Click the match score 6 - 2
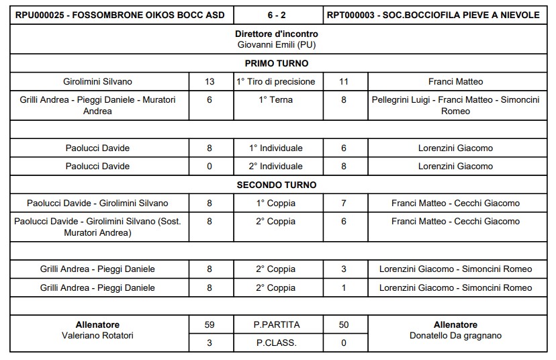click(277, 15)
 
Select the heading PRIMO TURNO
click(277, 64)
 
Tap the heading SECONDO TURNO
click(277, 185)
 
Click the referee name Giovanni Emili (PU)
click(277, 44)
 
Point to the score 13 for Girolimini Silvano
click(210, 82)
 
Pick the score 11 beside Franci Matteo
click(344, 82)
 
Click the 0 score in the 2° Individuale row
click(210, 167)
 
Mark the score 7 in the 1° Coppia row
click(344, 203)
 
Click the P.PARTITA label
click(277, 325)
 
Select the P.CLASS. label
click(277, 343)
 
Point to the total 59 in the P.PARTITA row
click(210, 325)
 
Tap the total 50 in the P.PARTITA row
click(344, 325)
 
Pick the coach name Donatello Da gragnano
click(455, 336)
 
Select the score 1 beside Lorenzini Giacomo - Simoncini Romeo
click(344, 288)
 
